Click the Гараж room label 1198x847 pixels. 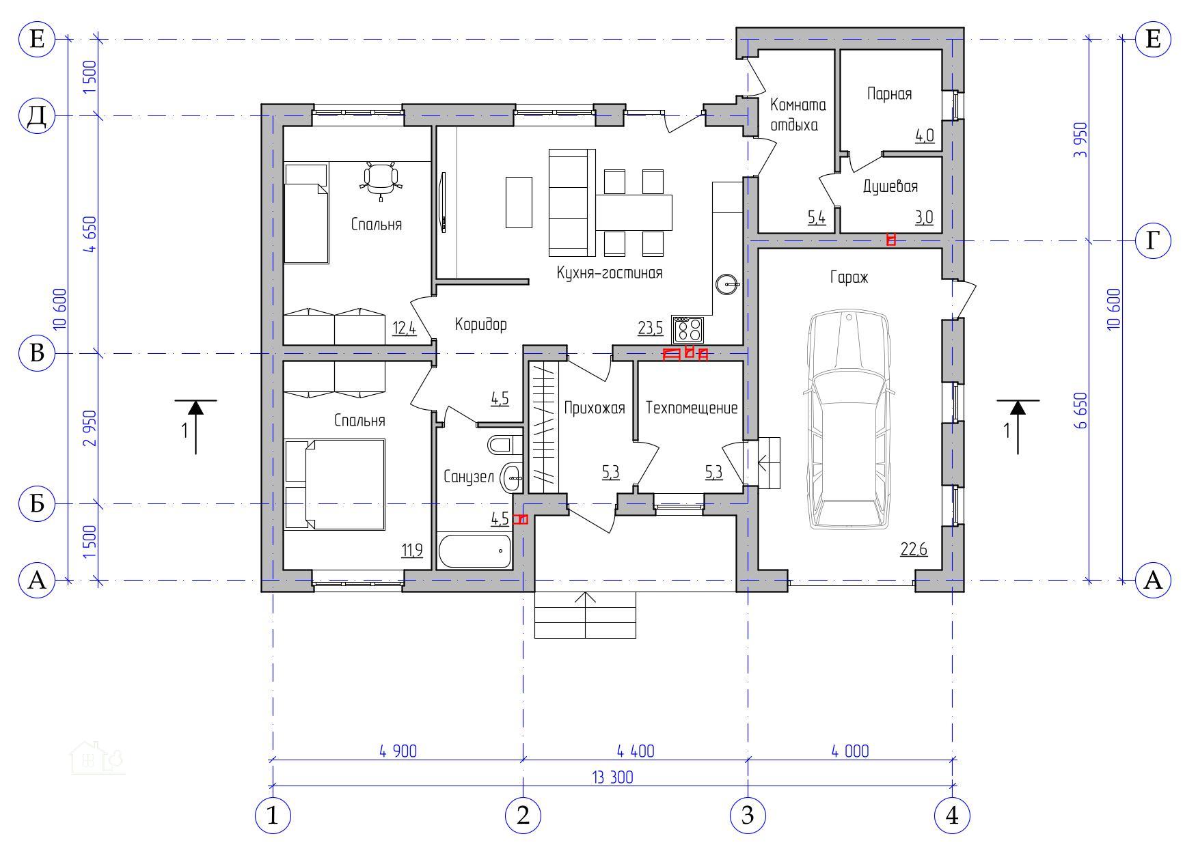pyautogui.click(x=849, y=277)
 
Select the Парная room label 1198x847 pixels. pyautogui.click(x=889, y=94)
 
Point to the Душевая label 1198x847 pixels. pyautogui.click(x=890, y=186)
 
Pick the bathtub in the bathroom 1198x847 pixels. pyautogui.click(x=474, y=552)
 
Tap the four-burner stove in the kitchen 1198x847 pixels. pyautogui.click(x=689, y=330)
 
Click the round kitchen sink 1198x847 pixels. pyautogui.click(x=727, y=283)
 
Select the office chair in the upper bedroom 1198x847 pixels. pyautogui.click(x=381, y=180)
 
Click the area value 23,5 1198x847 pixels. pyautogui.click(x=650, y=329)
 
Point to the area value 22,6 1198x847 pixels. pyautogui.click(x=914, y=549)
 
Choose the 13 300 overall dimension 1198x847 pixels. pyautogui.click(x=613, y=777)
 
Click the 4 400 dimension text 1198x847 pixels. pyautogui.click(x=636, y=751)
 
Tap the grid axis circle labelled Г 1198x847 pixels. pyautogui.click(x=1153, y=240)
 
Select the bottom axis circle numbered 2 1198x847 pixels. pyautogui.click(x=523, y=816)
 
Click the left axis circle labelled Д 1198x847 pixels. pyautogui.click(x=37, y=116)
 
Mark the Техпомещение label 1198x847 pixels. pyautogui.click(x=692, y=408)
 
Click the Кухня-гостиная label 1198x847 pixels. pyautogui.click(x=610, y=273)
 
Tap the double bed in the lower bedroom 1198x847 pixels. pyautogui.click(x=335, y=484)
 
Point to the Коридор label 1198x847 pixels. pyautogui.click(x=481, y=324)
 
